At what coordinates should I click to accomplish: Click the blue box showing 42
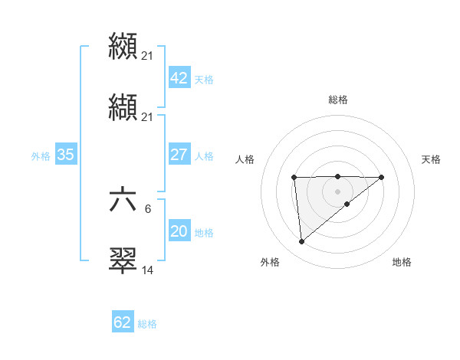(179, 78)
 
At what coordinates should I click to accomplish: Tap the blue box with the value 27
(179, 154)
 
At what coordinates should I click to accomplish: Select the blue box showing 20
(179, 231)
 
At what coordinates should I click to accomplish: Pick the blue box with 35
(65, 154)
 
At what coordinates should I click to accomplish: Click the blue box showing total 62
(123, 322)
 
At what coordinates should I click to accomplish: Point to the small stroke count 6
(148, 208)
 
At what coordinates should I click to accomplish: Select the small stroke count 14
(148, 270)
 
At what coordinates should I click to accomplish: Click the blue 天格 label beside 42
(204, 80)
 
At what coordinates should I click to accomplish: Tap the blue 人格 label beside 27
(204, 155)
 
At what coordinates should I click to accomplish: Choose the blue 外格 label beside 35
(41, 155)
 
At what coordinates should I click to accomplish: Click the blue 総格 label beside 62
(147, 324)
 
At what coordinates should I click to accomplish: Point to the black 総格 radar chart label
(337, 100)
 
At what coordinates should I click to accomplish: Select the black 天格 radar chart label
(432, 159)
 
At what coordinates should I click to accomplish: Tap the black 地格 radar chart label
(402, 263)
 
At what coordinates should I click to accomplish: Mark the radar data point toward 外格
(302, 242)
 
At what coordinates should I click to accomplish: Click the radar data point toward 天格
(382, 177)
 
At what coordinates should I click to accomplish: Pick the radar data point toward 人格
(294, 178)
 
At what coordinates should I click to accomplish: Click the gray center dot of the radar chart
(337, 191)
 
